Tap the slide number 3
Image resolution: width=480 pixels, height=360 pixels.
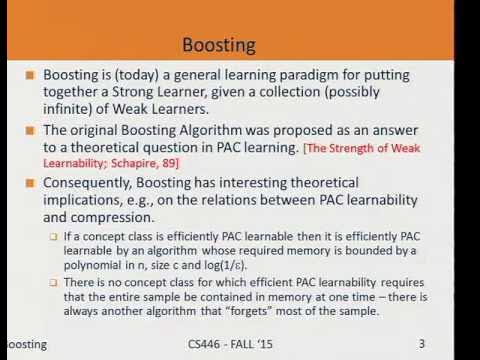[422, 344]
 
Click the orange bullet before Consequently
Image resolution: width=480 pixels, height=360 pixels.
[33, 182]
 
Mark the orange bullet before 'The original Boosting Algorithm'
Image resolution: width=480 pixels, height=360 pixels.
[33, 131]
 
